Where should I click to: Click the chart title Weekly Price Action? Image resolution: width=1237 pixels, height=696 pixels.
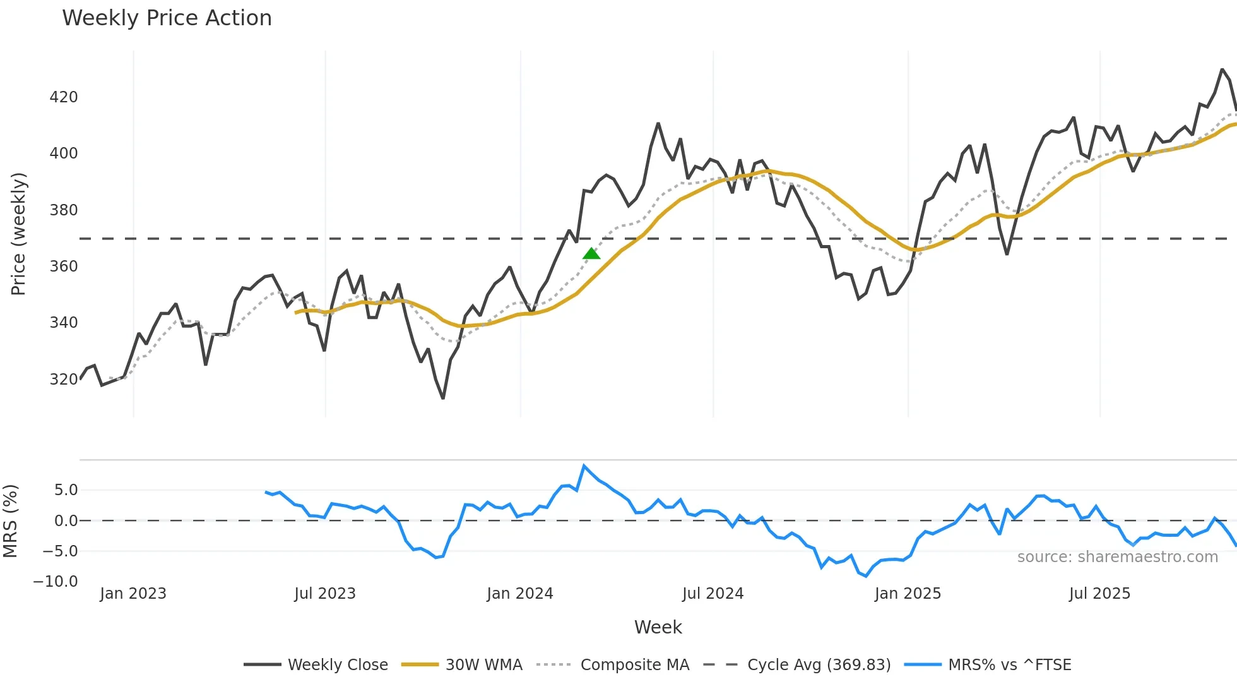167,18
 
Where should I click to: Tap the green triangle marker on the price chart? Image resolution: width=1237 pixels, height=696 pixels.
591,254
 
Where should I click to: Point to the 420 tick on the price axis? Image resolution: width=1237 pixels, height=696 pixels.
64,97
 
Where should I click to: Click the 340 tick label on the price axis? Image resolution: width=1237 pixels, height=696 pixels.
64,323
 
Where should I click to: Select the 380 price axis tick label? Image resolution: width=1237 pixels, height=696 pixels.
64,210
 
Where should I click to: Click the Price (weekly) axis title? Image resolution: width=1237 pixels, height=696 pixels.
18,234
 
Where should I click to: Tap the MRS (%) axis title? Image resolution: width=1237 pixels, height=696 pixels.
10,521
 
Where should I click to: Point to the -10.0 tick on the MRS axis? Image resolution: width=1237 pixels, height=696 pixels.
56,582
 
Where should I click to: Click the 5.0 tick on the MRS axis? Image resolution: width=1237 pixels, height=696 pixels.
66,490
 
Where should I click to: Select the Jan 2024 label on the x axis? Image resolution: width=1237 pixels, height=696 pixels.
519,594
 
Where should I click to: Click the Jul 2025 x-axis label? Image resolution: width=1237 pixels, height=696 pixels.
1099,594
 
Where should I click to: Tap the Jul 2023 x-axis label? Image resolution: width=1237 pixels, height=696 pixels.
325,594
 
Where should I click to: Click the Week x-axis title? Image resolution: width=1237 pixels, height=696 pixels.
658,627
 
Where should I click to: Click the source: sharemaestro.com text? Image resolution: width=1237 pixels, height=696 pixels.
1117,557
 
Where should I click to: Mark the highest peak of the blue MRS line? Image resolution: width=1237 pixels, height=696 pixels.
584,466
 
